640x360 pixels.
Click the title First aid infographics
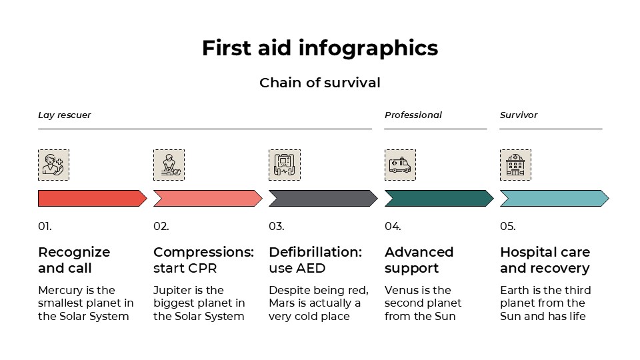[320, 49]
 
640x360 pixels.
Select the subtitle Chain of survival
[320, 83]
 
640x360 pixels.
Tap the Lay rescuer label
[64, 115]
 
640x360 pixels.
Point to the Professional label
[413, 115]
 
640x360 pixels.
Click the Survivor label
[519, 115]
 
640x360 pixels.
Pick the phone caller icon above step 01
[53, 165]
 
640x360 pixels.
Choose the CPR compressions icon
[169, 165]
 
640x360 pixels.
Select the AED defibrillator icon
[284, 165]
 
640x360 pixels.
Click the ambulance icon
[400, 165]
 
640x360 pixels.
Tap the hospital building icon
[515, 165]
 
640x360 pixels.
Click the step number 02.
[161, 227]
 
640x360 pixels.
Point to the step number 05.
[508, 227]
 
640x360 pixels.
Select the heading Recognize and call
[73, 260]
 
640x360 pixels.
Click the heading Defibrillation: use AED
[315, 260]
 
